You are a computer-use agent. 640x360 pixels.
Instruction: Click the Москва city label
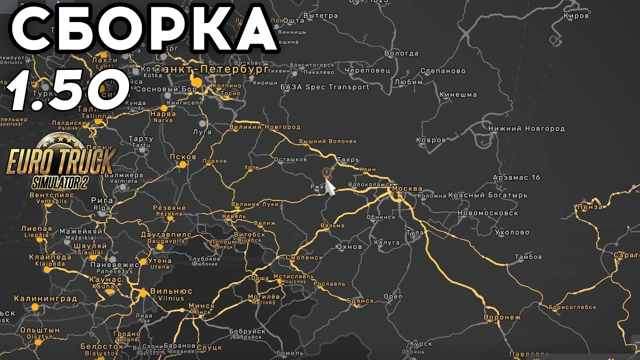click(x=407, y=188)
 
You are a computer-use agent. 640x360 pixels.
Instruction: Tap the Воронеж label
click(x=502, y=317)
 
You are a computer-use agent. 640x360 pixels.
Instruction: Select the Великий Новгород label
click(x=264, y=127)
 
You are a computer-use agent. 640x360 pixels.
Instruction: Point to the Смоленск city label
click(x=304, y=257)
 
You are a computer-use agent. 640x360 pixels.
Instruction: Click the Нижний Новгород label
click(x=526, y=128)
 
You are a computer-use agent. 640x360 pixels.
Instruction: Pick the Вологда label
click(x=401, y=53)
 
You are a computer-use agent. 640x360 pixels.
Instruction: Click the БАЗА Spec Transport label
click(x=325, y=87)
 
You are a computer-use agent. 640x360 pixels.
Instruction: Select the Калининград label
click(x=45, y=299)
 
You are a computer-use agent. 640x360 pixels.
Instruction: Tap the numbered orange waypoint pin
click(x=327, y=173)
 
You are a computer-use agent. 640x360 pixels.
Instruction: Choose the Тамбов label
click(x=528, y=257)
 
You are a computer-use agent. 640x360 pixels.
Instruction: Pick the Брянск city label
click(x=360, y=300)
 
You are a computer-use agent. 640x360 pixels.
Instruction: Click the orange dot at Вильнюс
click(x=143, y=292)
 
